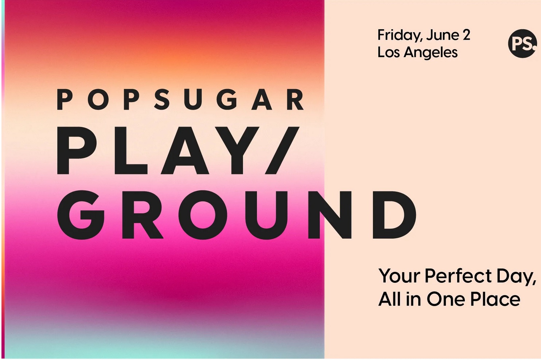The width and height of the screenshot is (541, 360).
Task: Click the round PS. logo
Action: coord(522,43)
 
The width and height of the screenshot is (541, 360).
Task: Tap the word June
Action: coord(443,35)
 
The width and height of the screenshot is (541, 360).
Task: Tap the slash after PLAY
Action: coord(282,150)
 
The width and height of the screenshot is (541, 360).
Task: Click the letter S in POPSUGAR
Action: coord(161,99)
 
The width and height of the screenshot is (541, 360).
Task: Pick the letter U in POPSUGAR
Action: coord(192,99)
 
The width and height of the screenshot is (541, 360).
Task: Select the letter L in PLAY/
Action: coord(131,150)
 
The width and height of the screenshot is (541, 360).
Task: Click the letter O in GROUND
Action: coord(203,215)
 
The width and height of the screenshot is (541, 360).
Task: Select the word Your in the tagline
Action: coord(400,276)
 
